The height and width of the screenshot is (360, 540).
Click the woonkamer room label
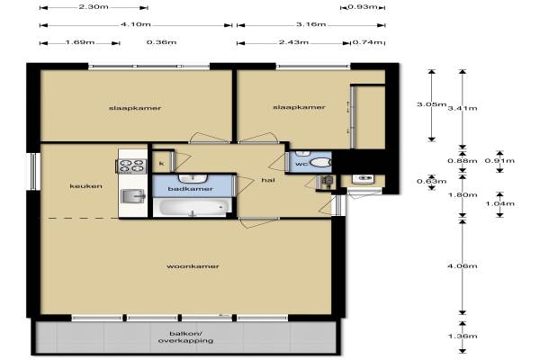193,266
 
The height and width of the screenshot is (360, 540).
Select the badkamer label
190,189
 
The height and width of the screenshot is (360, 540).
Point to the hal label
268,180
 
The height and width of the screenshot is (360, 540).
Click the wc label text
301,164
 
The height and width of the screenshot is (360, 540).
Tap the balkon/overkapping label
185,337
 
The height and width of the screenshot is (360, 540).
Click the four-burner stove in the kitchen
132,166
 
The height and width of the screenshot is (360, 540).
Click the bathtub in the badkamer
192,207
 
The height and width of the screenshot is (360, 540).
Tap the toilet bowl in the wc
320,162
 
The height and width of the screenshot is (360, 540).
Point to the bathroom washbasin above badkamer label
193,178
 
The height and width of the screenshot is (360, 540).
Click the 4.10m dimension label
136,24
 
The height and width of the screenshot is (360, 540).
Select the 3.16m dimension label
311,24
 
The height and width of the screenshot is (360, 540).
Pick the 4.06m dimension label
463,265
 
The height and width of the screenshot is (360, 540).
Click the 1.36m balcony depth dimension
463,336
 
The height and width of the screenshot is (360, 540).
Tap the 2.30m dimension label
94,6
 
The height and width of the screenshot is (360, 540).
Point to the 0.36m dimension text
161,42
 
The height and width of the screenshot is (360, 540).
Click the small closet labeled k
161,162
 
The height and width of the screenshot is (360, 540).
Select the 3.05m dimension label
431,104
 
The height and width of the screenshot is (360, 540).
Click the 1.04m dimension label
499,203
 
